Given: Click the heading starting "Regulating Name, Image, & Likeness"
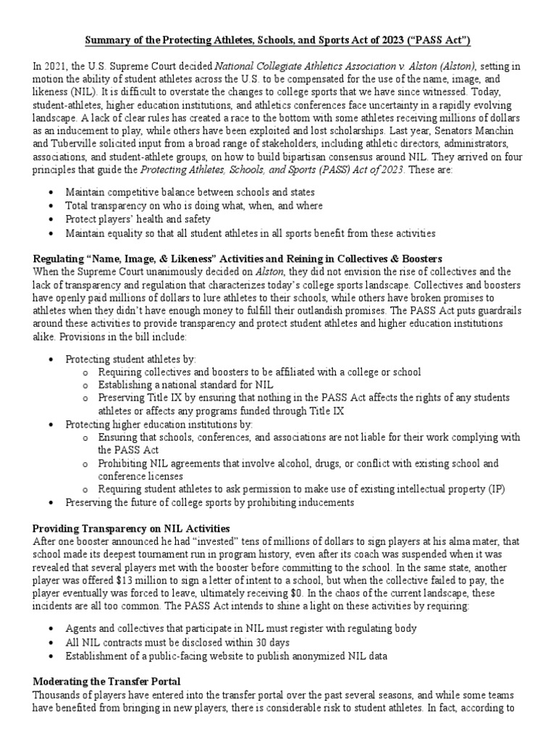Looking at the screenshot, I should pyautogui.click(x=238, y=259).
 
